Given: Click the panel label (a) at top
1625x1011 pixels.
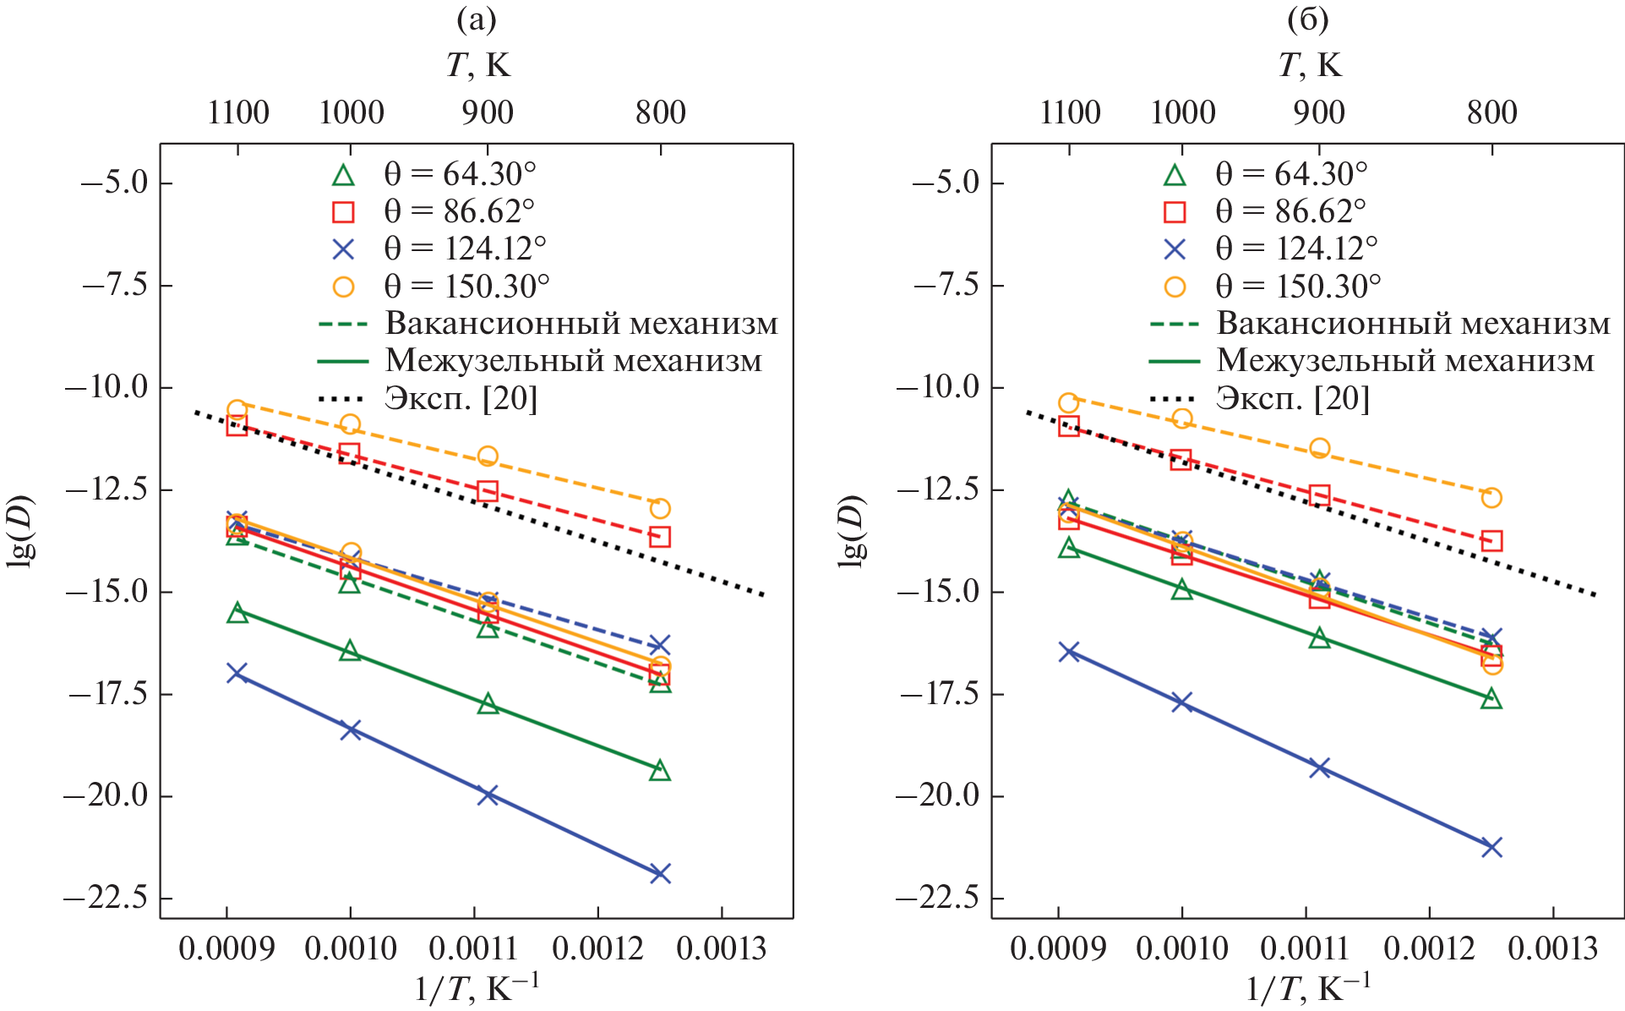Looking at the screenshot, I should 476,19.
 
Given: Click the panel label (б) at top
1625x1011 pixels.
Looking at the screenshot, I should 1307,19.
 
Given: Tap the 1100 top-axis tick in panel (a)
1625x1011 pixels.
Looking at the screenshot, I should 238,112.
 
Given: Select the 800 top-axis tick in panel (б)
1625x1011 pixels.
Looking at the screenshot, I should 1491,112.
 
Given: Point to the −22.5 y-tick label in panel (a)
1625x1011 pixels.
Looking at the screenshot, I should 106,898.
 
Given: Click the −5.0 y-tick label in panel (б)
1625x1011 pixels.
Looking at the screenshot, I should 946,183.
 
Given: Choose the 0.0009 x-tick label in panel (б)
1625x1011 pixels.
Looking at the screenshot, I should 1057,948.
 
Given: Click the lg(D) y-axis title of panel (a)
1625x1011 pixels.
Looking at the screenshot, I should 20,530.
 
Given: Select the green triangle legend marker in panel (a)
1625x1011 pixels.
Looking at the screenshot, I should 343,175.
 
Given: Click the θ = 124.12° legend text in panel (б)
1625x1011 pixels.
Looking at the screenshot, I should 1296,249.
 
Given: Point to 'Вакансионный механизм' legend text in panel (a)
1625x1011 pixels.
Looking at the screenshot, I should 581,324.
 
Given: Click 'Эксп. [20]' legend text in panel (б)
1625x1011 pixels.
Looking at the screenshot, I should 1292,398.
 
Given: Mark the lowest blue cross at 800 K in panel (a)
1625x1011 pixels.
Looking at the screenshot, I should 660,873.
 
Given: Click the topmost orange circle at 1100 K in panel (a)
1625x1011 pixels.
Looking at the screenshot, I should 237,410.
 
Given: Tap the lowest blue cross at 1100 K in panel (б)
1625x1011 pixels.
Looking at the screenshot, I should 1069,651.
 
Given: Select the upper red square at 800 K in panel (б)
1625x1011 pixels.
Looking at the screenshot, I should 1491,541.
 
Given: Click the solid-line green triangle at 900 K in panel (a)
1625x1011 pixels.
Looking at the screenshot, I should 488,704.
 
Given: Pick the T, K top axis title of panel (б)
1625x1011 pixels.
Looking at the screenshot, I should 1309,65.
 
